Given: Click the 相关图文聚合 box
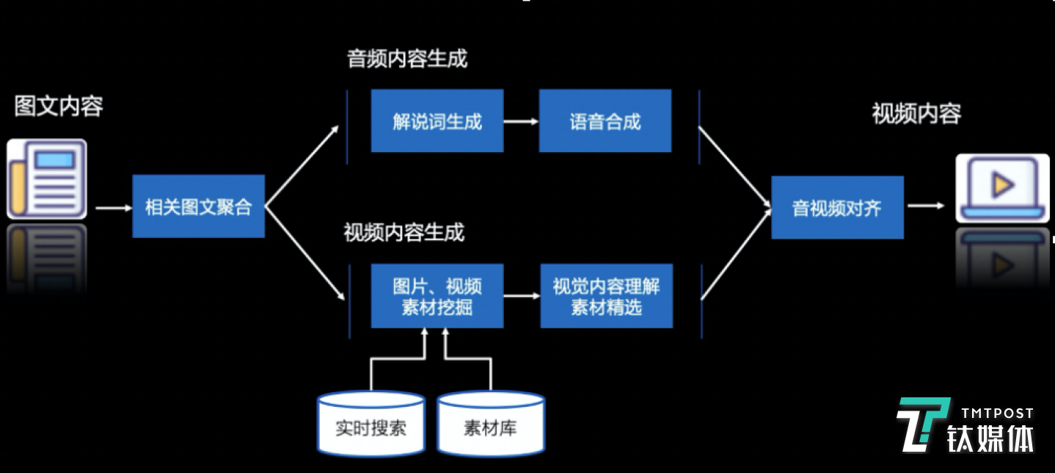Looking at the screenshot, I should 198,206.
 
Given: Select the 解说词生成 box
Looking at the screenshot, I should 437,121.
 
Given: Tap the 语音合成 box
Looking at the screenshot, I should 605,121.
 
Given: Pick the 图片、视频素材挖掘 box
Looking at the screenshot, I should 437,296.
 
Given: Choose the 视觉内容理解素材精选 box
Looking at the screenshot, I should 606,296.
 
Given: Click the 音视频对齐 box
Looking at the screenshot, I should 837,208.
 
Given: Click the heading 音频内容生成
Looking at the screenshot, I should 407,59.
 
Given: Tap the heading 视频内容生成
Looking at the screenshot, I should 404,233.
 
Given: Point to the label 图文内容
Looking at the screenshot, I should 59,106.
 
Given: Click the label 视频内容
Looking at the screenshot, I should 916,114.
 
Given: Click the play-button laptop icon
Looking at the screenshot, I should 1002,188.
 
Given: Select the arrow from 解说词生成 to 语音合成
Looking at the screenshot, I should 521,122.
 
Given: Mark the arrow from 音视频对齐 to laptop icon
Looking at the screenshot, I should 926,206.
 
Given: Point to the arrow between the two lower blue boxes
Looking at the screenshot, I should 522,296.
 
